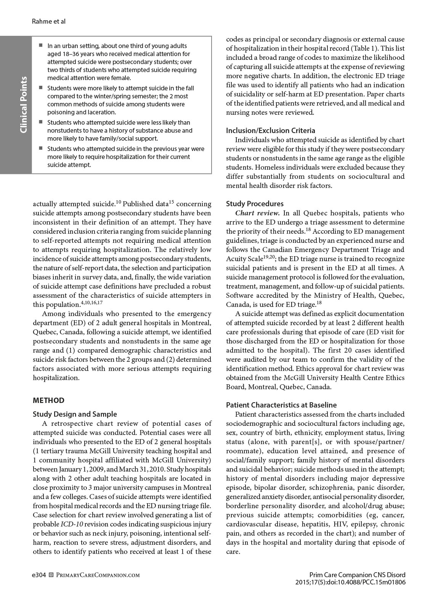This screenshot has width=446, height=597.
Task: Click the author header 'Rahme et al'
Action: click(49, 21)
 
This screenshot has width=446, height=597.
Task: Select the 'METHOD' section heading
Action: click(48, 400)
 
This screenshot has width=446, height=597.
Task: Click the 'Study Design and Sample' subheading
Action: click(75, 414)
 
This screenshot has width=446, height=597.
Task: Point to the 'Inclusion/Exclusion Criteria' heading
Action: click(270, 131)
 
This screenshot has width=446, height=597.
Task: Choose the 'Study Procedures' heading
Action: click(255, 204)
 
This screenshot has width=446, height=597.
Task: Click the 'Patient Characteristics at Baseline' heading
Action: click(281, 405)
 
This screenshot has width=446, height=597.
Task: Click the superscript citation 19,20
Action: click(269, 257)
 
